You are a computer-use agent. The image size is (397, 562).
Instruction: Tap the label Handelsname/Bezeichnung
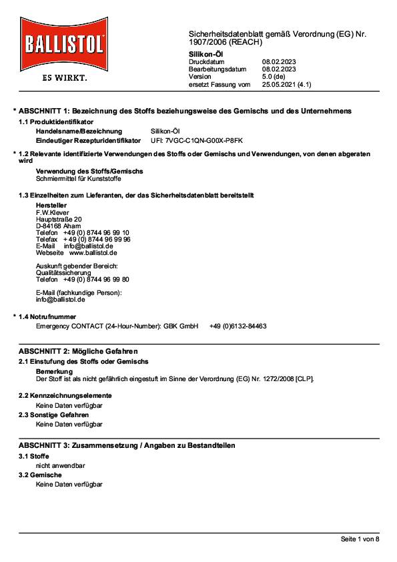coord(79,131)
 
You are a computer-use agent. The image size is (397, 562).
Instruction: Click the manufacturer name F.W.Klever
coord(53,212)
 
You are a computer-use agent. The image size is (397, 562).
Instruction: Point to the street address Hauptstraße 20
coord(59,219)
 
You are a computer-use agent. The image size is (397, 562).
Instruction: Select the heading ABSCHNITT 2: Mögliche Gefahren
coord(78,351)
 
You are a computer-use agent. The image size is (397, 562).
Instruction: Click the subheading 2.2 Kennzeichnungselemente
coord(65,395)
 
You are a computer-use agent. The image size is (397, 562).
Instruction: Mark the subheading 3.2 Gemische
coord(44,475)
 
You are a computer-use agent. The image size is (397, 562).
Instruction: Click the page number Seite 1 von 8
coord(360,539)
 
